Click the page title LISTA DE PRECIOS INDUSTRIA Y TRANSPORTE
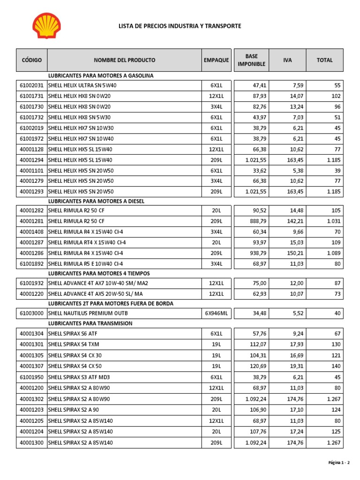pyautogui.click(x=180, y=26)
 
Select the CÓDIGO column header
pyautogui.click(x=31, y=60)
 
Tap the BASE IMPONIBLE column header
pyautogui.click(x=251, y=60)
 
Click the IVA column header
pyautogui.click(x=287, y=60)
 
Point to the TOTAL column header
pyautogui.click(x=324, y=60)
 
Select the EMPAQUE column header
pyautogui.click(x=216, y=60)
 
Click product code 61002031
pyautogui.click(x=31, y=86)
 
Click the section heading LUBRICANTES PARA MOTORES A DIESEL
pyautogui.click(x=96, y=201)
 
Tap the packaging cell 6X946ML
pyautogui.click(x=216, y=313)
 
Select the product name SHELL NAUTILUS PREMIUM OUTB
pyautogui.click(x=88, y=313)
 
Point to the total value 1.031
pyautogui.click(x=334, y=221)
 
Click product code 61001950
pyautogui.click(x=31, y=377)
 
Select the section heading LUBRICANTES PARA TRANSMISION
pyautogui.click(x=90, y=323)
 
